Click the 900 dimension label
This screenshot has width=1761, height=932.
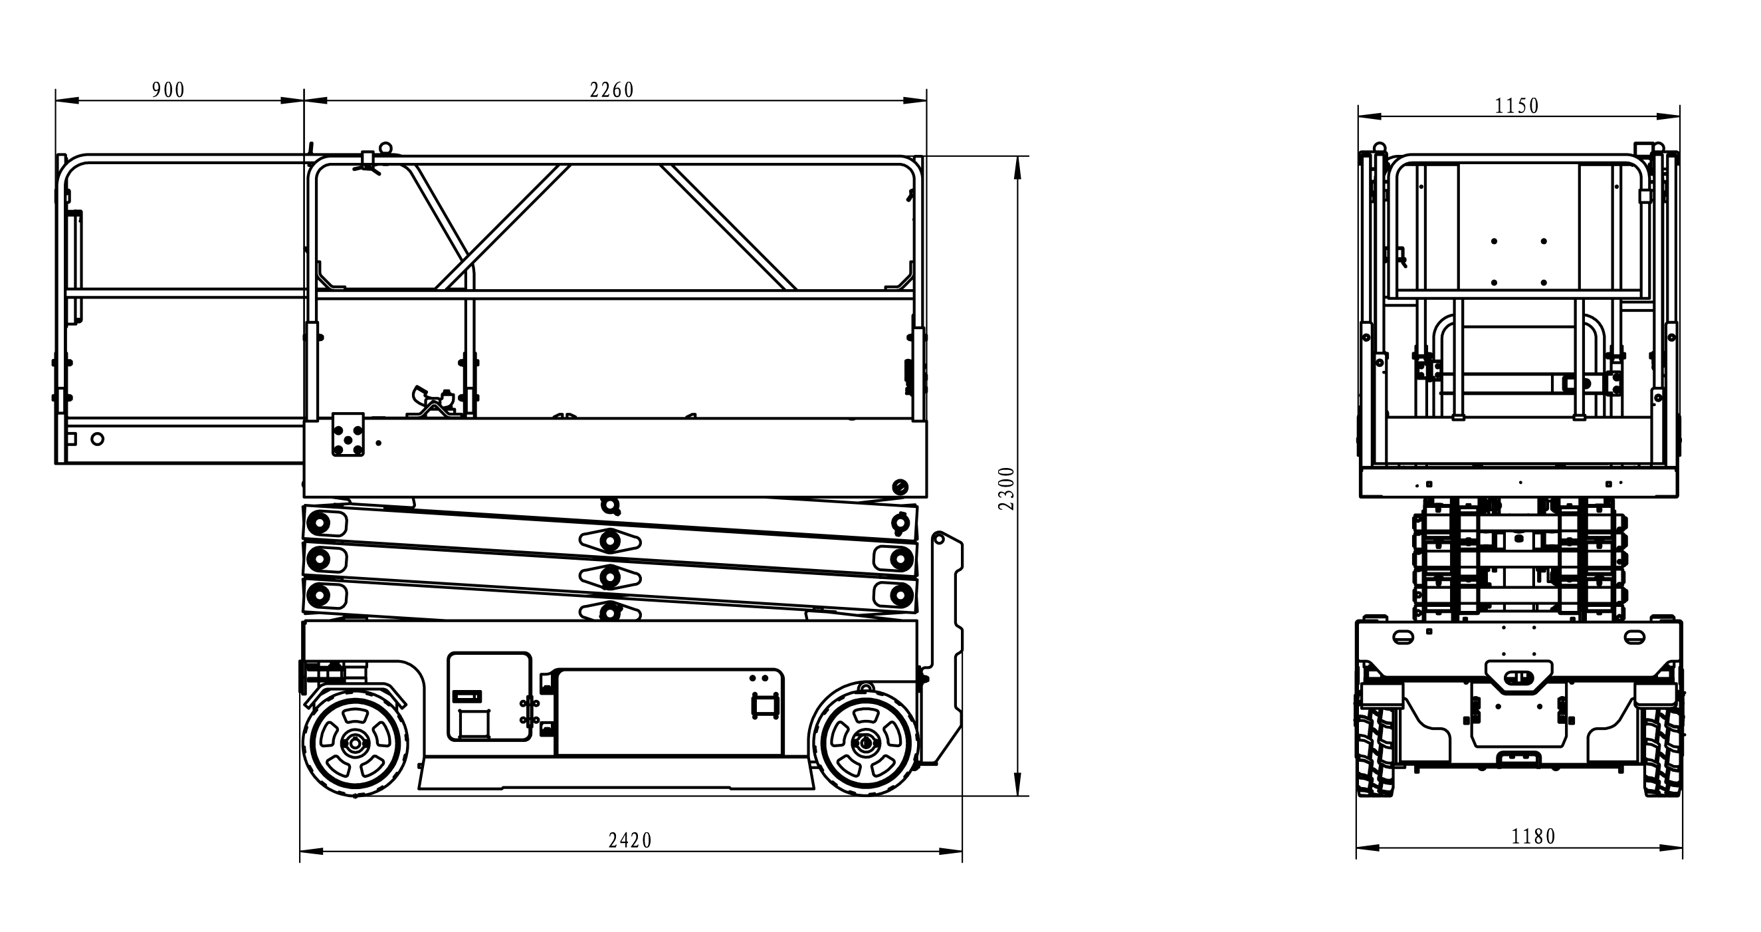[168, 90]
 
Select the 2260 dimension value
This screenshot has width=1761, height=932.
[612, 90]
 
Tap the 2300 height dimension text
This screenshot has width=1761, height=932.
[1007, 488]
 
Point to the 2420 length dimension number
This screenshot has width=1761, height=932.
[629, 840]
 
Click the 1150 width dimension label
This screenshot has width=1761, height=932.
[1516, 106]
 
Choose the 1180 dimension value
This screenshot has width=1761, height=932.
[1533, 836]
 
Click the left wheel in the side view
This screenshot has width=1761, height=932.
[356, 743]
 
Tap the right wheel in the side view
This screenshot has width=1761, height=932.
[865, 742]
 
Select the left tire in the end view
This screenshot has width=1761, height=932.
[1376, 749]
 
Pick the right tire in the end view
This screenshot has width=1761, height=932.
[1662, 749]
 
